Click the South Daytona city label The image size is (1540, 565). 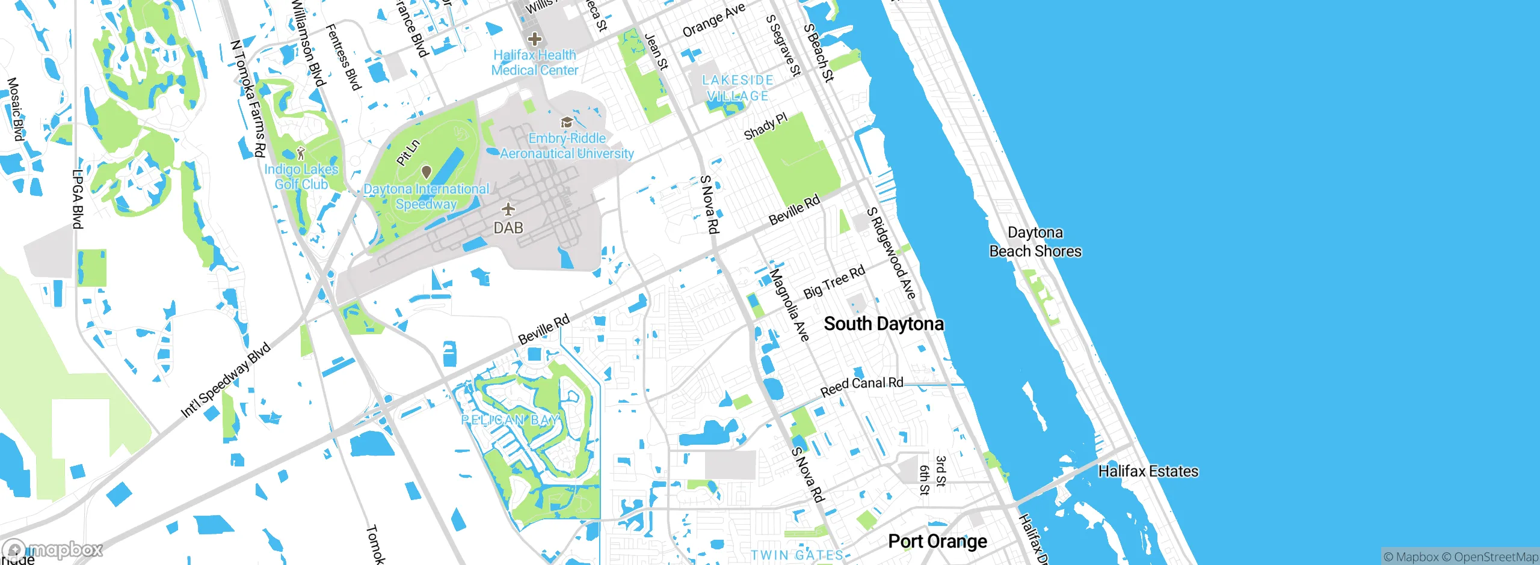tap(883, 324)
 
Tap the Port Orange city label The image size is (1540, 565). tap(937, 542)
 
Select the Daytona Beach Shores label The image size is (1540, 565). tap(1035, 242)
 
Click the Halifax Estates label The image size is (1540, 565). tap(1148, 471)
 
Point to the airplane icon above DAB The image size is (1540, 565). tap(508, 209)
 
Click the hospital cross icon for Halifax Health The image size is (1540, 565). tap(534, 40)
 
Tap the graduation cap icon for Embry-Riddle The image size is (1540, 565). tap(565, 123)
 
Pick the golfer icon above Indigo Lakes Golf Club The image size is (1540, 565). tap(301, 153)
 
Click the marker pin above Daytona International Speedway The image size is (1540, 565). tap(426, 173)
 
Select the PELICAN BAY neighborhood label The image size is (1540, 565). tap(510, 420)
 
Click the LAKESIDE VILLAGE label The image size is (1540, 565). tap(738, 88)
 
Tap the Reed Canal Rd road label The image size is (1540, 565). tap(861, 386)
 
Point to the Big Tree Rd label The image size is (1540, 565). tap(834, 282)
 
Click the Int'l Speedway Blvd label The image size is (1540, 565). tap(226, 380)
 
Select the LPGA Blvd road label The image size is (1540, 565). tap(78, 199)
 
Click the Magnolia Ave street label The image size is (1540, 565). tap(789, 305)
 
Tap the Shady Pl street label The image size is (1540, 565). tap(765, 126)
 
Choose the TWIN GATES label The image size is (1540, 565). tap(797, 555)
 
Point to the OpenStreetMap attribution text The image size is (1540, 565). tap(1495, 557)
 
